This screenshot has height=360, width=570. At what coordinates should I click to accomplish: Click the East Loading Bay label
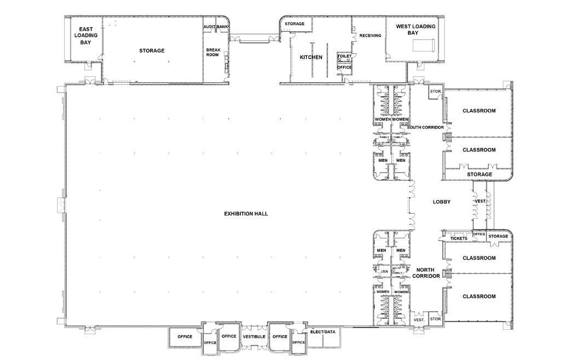coord(86,36)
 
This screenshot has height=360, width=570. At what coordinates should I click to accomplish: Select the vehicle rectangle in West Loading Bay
coord(423,44)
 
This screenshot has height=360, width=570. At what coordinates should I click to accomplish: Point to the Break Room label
coord(213,53)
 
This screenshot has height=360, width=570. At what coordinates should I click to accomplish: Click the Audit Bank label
coord(216,27)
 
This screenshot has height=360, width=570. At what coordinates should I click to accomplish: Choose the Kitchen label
coord(311,57)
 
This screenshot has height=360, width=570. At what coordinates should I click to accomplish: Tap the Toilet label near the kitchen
coord(344,56)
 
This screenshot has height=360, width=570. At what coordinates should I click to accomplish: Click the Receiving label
coord(370,36)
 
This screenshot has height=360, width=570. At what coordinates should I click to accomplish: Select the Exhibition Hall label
coord(246,214)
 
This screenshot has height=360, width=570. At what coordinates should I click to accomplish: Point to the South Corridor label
coord(425,127)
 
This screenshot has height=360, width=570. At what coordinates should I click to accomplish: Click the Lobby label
coord(441,202)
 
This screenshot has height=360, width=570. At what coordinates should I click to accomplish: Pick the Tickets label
coord(459,238)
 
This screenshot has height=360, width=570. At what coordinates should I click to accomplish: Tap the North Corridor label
coord(425,273)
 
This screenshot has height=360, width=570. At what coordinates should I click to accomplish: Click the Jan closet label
coord(384,271)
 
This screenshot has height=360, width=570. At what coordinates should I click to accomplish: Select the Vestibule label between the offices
coord(254,337)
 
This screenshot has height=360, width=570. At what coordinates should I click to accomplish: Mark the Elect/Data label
coord(323,332)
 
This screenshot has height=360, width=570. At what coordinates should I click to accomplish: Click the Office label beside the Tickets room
coord(479,234)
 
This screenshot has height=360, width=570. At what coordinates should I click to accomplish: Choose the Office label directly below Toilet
coord(344,67)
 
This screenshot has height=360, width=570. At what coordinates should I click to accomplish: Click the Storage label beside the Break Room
coord(152,50)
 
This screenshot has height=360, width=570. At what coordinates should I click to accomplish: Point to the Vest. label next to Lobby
coord(481,201)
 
